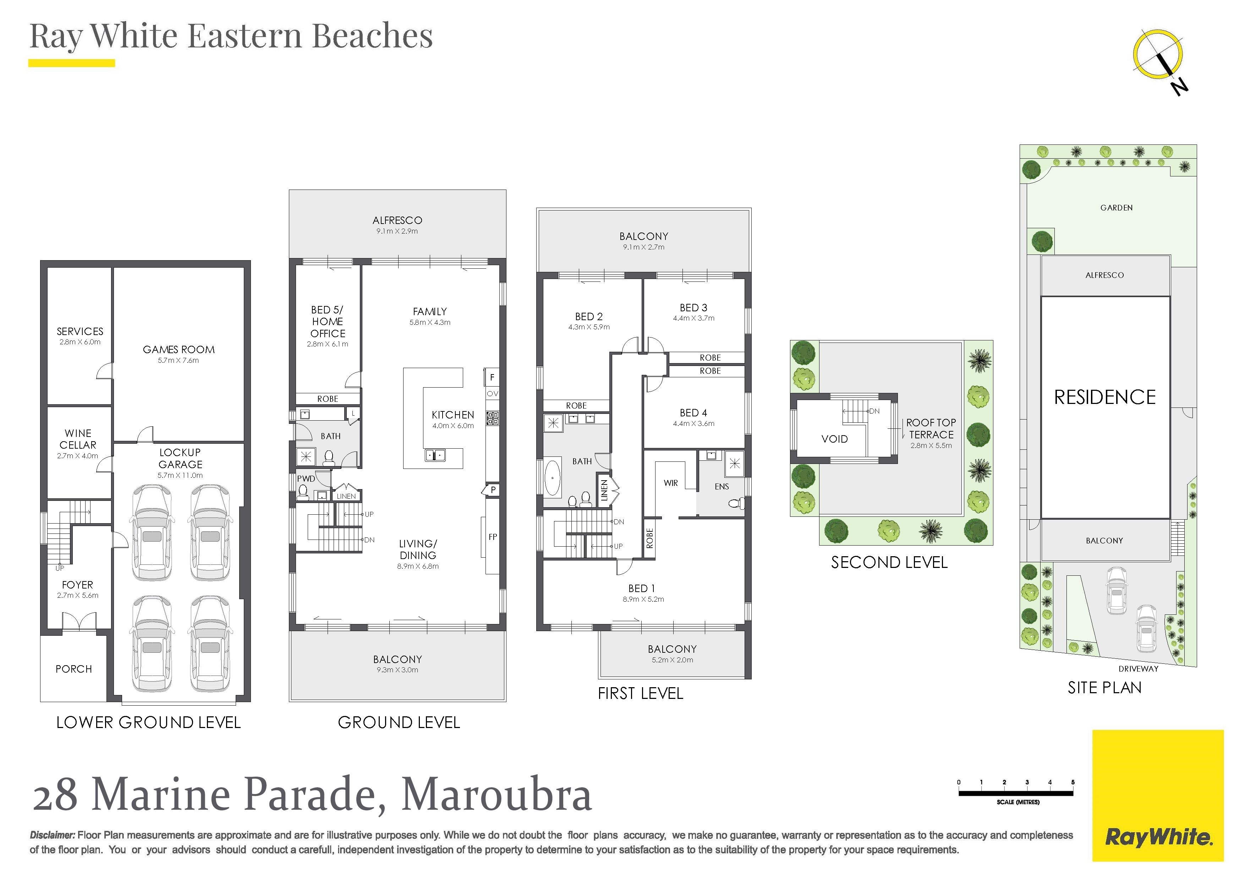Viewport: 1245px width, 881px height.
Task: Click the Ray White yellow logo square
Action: pyautogui.click(x=1158, y=795)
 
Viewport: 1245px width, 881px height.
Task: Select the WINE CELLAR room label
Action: pyautogui.click(x=78, y=439)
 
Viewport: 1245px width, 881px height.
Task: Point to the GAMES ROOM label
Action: pyautogui.click(x=179, y=349)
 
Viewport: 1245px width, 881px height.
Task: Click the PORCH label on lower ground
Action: pyautogui.click(x=74, y=669)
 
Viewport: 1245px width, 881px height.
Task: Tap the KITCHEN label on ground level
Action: pyautogui.click(x=453, y=415)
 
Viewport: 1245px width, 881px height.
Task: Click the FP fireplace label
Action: pyautogui.click(x=492, y=537)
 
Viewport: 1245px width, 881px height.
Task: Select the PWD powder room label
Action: pyautogui.click(x=306, y=478)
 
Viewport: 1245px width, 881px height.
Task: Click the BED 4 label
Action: pyautogui.click(x=693, y=413)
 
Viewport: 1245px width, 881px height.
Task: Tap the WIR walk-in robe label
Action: pyautogui.click(x=671, y=483)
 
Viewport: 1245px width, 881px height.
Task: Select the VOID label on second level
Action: pyautogui.click(x=834, y=439)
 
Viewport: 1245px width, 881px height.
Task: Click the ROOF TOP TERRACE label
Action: pyautogui.click(x=931, y=428)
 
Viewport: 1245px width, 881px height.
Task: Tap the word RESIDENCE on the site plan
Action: pyautogui.click(x=1104, y=397)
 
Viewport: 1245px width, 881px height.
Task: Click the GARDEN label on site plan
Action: pyautogui.click(x=1117, y=208)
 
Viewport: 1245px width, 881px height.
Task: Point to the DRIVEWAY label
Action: pyautogui.click(x=1138, y=669)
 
